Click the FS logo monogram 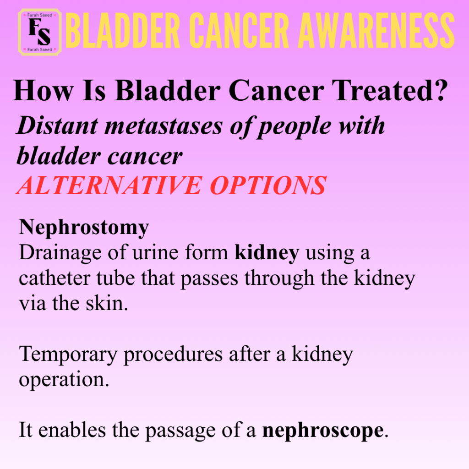pos(40,32)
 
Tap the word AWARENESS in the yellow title pos(376,31)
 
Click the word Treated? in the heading pos(390,90)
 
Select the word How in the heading pos(43,90)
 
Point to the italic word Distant pos(57,125)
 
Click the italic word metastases pos(164,126)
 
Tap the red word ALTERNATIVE pos(109,185)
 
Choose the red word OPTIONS pos(268,185)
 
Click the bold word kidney pos(267,253)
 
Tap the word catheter pos(55,278)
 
